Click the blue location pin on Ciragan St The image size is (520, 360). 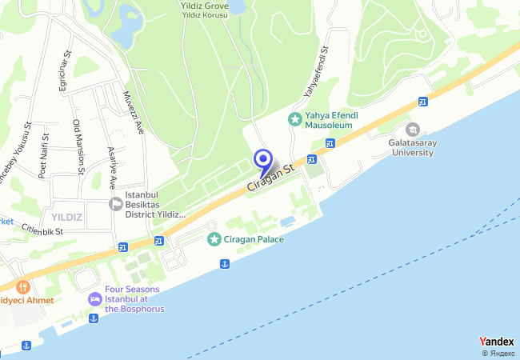(263, 159)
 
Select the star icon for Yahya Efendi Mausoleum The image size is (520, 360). (295, 119)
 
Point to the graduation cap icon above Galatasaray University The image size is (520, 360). (413, 129)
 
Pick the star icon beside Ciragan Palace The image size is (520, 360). (214, 239)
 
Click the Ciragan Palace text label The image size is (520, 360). (254, 239)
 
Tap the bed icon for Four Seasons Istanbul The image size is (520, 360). (94, 298)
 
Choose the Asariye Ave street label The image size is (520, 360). (111, 167)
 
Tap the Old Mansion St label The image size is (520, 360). (78, 147)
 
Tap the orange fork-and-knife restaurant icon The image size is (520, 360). (22, 286)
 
